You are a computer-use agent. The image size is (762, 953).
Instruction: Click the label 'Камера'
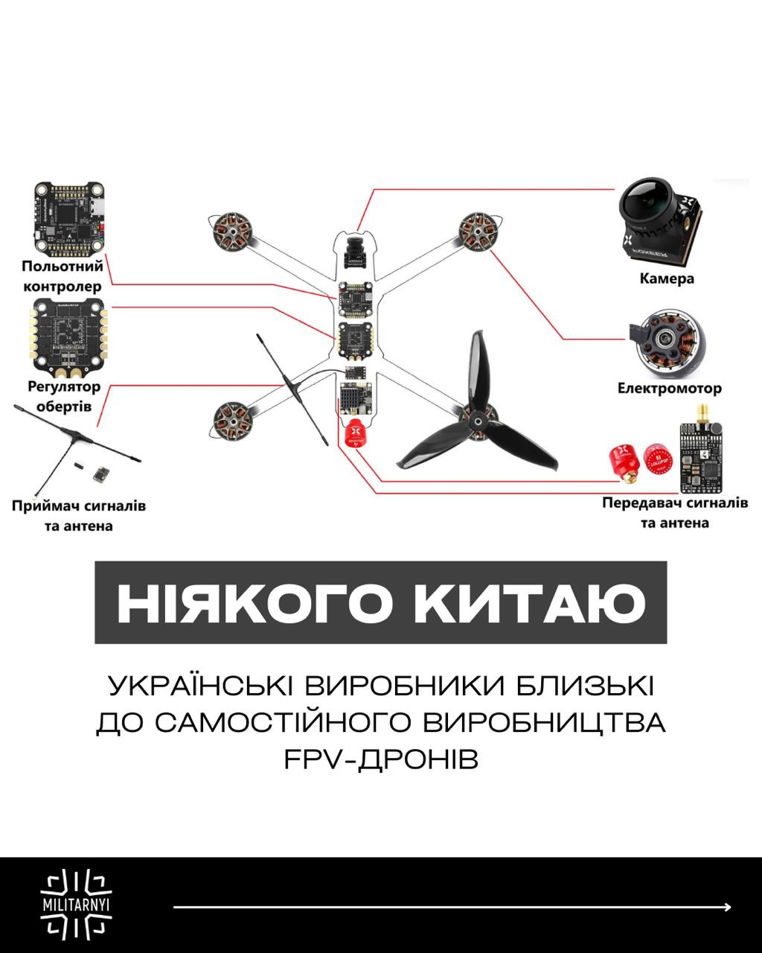point(667,278)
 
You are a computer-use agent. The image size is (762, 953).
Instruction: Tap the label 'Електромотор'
point(670,388)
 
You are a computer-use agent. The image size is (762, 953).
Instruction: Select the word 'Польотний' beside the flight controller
point(63,266)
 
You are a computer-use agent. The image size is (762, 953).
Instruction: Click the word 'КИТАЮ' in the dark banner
point(530,604)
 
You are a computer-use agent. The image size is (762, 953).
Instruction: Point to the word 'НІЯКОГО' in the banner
point(255,604)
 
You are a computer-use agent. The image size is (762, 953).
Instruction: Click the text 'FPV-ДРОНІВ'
point(381,760)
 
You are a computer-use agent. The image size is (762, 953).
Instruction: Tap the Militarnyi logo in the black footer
point(76,905)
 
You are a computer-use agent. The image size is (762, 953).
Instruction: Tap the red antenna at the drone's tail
point(355,434)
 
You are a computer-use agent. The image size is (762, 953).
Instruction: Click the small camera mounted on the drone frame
point(356,253)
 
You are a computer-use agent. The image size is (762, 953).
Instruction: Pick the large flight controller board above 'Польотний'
point(69,219)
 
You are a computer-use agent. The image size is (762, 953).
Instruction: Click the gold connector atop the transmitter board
point(702,413)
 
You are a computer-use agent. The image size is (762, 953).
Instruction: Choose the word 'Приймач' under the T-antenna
point(41,506)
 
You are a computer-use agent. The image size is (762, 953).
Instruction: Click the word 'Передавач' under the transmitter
point(638,503)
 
